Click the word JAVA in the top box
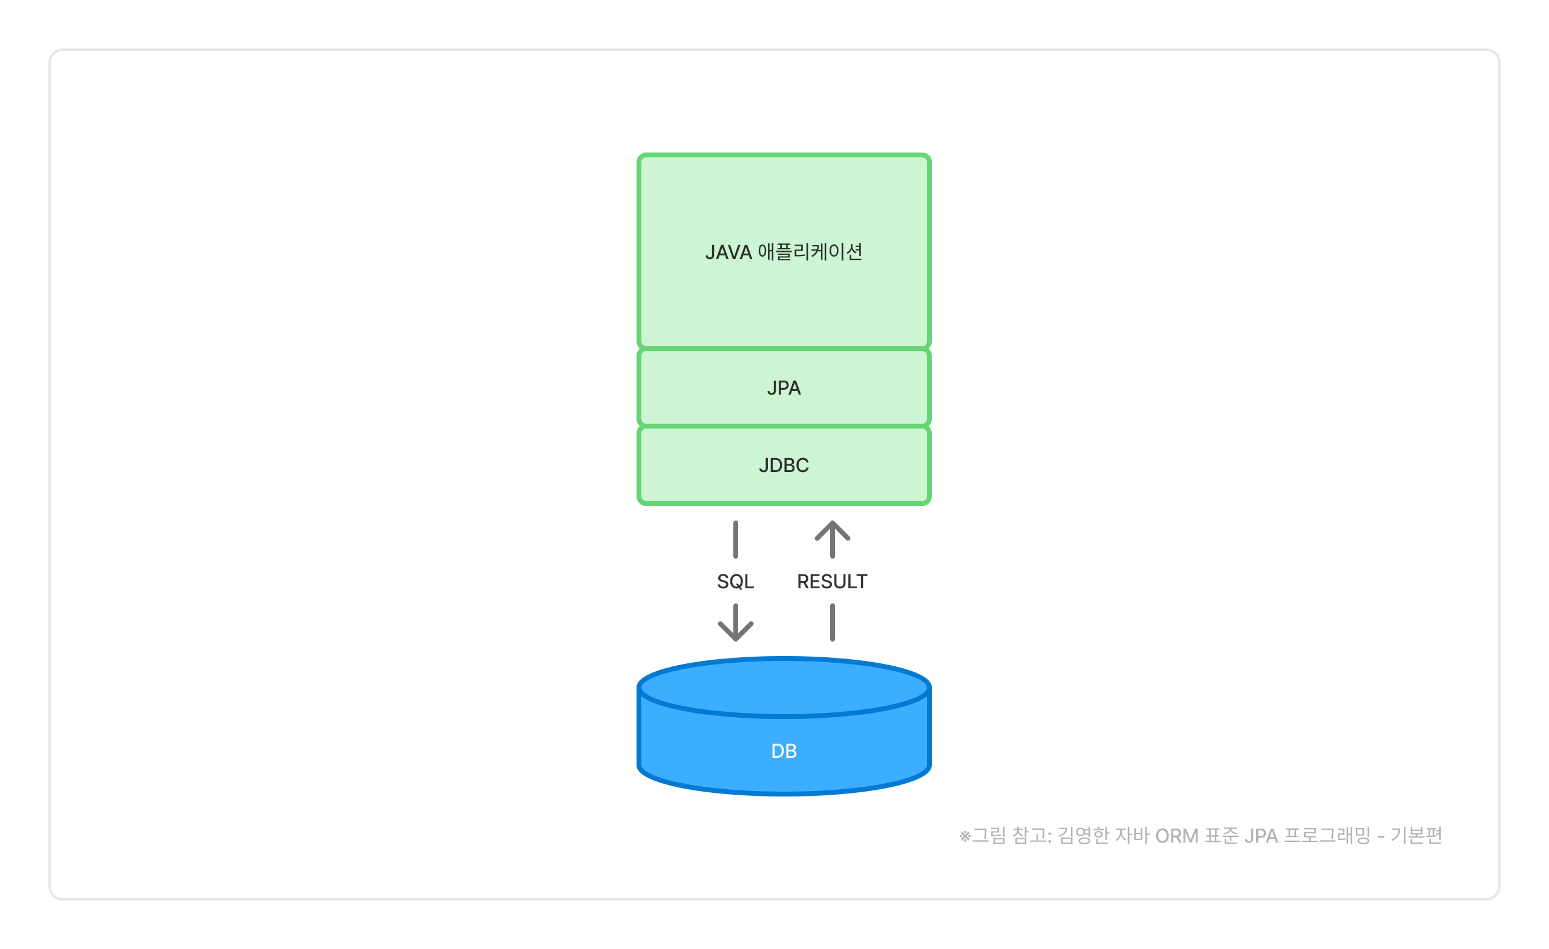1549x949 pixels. click(x=728, y=252)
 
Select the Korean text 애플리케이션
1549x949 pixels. click(x=810, y=252)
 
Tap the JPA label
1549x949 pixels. click(x=784, y=388)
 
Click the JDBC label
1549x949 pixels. click(x=784, y=465)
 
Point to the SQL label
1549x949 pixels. click(x=735, y=582)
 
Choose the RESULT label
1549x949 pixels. click(x=832, y=582)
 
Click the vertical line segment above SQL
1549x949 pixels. click(x=736, y=540)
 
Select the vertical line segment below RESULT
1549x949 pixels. click(x=833, y=623)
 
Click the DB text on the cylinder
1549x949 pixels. click(x=784, y=751)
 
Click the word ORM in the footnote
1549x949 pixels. click(x=1177, y=836)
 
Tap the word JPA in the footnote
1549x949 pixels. click(x=1260, y=836)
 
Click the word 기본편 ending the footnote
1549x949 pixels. click(x=1416, y=836)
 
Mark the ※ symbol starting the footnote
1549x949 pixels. click(x=964, y=837)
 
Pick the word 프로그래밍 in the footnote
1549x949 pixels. click(x=1326, y=836)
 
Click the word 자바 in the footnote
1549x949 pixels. click(x=1131, y=836)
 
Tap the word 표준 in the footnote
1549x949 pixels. click(x=1221, y=836)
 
